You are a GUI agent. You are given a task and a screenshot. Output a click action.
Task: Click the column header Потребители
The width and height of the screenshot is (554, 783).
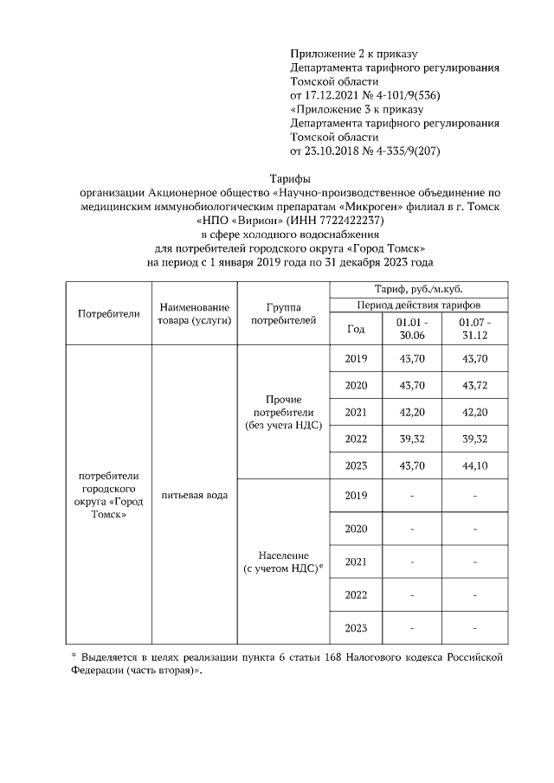[108, 313]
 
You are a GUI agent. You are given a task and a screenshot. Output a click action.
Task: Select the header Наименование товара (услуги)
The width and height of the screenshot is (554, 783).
[194, 313]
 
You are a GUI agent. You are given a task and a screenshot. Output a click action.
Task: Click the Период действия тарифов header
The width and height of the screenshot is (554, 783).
[418, 305]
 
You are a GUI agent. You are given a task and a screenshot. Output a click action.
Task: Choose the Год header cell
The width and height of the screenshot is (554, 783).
[356, 329]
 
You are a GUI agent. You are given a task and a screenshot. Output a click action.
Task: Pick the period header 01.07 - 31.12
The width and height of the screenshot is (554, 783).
[474, 329]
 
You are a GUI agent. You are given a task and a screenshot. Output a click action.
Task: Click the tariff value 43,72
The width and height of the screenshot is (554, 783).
[474, 385]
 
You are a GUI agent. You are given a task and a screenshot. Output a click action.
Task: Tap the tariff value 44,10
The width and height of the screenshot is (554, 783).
[474, 465]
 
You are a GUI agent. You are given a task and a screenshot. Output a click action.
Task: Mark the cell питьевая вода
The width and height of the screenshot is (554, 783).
[194, 495]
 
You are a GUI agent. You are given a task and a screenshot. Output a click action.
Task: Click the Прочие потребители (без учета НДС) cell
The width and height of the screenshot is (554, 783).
[283, 412]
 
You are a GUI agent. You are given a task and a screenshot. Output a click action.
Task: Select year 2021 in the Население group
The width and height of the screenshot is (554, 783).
[356, 562]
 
